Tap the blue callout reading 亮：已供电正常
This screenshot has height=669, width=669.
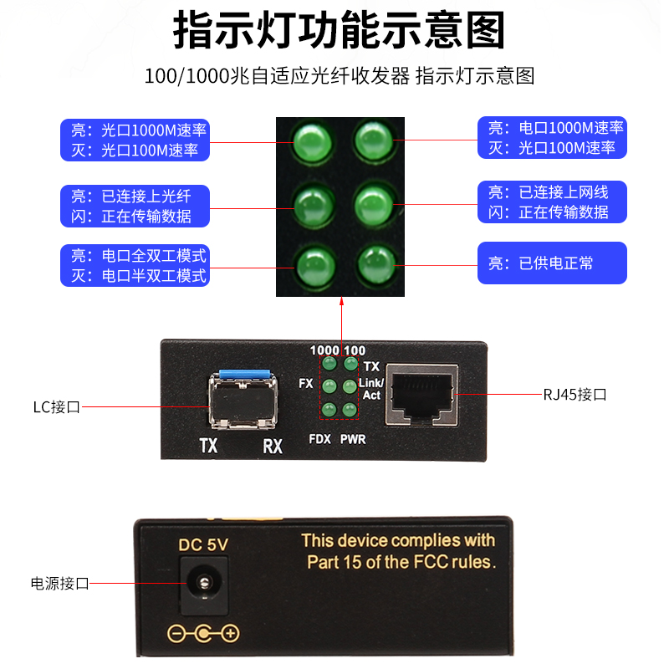[x=552, y=263]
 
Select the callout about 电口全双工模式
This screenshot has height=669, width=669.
[x=135, y=265]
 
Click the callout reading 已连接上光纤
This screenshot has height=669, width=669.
[x=135, y=206]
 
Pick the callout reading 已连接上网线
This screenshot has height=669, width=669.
[x=552, y=203]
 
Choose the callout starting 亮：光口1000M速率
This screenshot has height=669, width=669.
[x=135, y=140]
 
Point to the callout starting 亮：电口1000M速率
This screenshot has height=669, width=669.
[x=552, y=138]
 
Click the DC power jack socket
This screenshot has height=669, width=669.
[x=202, y=582]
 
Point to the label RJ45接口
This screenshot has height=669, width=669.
[x=575, y=394]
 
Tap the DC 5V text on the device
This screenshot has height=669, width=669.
[x=203, y=544]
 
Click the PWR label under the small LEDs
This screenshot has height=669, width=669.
[x=353, y=439]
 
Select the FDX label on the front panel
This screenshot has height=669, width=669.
[x=319, y=439]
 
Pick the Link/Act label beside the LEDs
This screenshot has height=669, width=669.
[x=370, y=388]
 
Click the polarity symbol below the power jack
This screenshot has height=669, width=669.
[x=203, y=633]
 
